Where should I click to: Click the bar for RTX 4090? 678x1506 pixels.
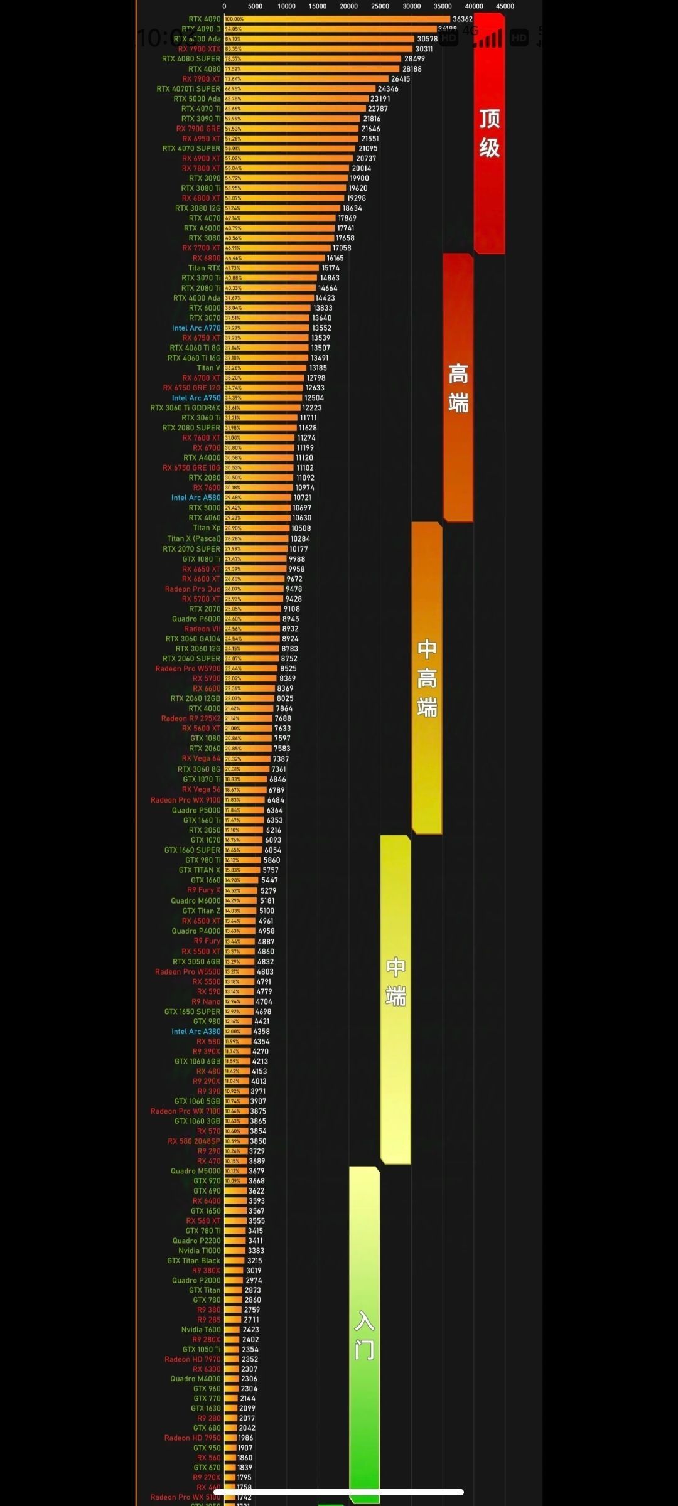(x=337, y=19)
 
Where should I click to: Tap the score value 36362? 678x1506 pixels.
(x=463, y=19)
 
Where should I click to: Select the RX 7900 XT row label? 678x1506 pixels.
(x=201, y=79)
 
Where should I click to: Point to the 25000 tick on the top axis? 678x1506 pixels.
(x=380, y=6)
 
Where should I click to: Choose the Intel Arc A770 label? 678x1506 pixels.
(x=196, y=328)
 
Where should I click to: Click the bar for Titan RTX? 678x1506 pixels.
(x=271, y=268)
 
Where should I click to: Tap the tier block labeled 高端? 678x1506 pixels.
(x=458, y=388)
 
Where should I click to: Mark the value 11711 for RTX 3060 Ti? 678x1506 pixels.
(x=308, y=418)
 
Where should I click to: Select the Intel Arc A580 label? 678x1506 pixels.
(x=196, y=498)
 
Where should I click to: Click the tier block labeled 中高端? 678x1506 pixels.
(x=427, y=678)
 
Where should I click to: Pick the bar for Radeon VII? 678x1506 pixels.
(x=252, y=629)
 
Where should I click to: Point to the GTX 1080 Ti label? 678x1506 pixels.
(x=201, y=559)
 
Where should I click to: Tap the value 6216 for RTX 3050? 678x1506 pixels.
(x=274, y=830)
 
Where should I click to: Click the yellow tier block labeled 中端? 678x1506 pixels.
(x=395, y=998)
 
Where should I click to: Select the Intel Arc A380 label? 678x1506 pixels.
(x=196, y=1032)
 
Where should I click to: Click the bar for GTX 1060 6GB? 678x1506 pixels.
(x=237, y=1062)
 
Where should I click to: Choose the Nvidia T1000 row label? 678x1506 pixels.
(x=199, y=1251)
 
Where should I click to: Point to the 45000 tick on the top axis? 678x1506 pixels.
(x=505, y=6)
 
